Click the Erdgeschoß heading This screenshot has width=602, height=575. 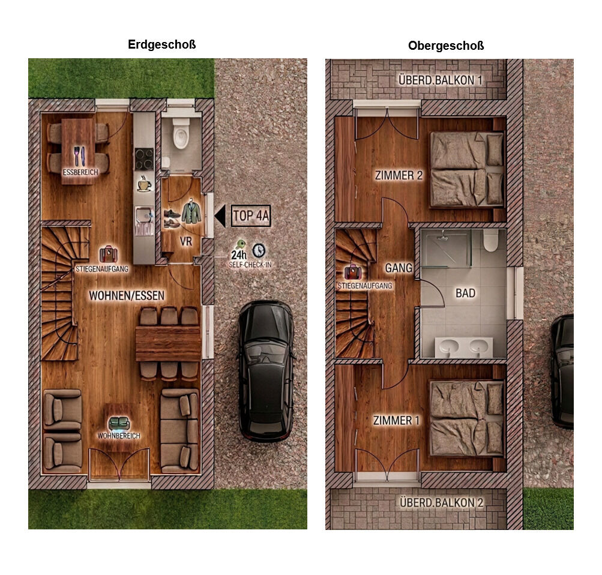[161, 44]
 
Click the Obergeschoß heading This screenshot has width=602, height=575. [446, 46]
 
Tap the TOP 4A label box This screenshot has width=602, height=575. [251, 216]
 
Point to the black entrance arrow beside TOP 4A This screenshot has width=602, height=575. [220, 216]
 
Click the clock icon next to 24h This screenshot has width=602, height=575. [259, 250]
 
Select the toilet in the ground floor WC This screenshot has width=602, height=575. [181, 133]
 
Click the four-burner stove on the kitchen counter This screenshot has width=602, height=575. [144, 159]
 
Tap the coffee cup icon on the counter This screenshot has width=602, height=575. [145, 184]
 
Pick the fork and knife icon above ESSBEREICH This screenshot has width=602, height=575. [79, 156]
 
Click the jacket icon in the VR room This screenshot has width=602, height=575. [191, 211]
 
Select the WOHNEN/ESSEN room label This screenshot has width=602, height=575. [127, 295]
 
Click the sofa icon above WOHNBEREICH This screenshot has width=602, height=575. [119, 424]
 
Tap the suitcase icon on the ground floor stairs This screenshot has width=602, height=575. [108, 254]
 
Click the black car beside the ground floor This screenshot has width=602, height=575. [266, 371]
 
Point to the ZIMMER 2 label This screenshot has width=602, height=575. [399, 175]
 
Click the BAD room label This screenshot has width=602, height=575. [465, 294]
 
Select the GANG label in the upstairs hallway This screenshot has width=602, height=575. [399, 268]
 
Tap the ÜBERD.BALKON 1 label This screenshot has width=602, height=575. [441, 80]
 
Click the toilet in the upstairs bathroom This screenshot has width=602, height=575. [490, 240]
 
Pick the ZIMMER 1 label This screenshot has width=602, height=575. [396, 420]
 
